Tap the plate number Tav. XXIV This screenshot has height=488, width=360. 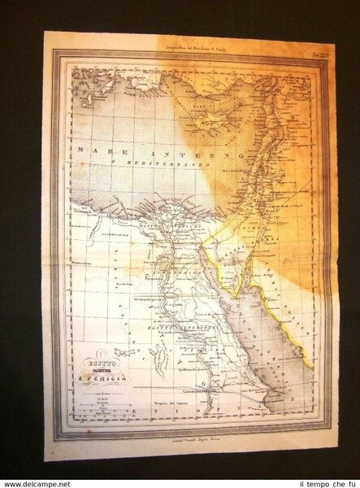pos(287,50)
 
